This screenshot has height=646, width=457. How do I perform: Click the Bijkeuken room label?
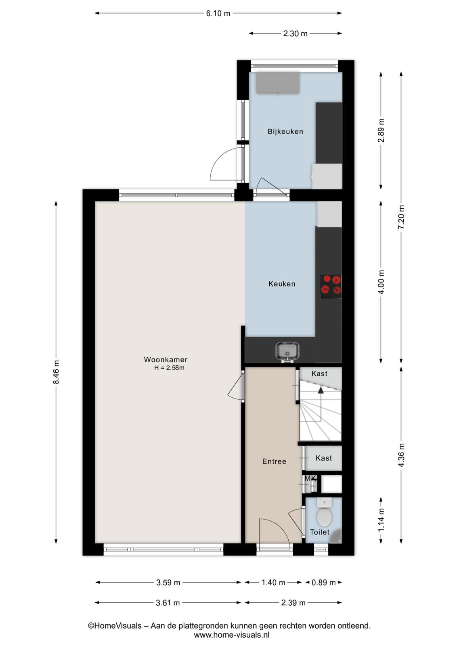point(285,132)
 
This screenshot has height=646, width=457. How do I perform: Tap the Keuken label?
point(282,284)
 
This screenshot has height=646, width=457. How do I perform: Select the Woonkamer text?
point(166,359)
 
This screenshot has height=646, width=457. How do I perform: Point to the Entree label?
point(274,461)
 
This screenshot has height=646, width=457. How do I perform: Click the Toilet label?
point(319,532)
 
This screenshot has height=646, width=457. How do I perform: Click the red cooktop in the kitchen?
point(331,287)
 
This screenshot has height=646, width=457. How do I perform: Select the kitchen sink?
point(287,352)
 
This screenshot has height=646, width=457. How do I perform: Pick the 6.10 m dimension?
point(218,13)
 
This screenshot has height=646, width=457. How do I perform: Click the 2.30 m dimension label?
point(295,34)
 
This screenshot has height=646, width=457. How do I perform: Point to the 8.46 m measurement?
point(56,372)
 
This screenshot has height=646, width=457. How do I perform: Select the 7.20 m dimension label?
point(401,217)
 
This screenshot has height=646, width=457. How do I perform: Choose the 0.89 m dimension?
point(323,583)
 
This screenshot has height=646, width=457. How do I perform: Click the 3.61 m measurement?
point(168,603)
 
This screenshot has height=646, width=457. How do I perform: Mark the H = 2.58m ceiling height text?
point(169,368)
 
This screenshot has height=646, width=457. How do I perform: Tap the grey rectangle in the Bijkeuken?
point(278,83)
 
